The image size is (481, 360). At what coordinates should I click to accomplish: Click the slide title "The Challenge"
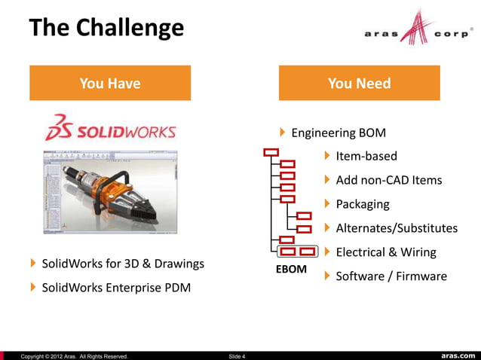pos(106,28)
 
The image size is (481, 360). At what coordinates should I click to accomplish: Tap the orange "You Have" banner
pos(110,83)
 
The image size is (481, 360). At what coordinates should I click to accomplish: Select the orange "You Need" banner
pos(359,83)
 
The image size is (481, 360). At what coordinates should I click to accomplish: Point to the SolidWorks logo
pos(111,128)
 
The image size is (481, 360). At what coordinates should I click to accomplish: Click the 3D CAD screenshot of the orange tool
pos(110,190)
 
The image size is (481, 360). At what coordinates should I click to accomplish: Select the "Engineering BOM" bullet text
pos(339,133)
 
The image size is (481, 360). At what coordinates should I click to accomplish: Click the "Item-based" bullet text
pos(366,157)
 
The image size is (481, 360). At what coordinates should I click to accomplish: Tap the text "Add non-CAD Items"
pos(389,180)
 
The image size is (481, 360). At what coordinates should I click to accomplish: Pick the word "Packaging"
pos(363,204)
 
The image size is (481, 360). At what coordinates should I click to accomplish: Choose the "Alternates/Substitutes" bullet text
pos(397,228)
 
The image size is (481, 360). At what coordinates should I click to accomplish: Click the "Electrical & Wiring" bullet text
pos(386,252)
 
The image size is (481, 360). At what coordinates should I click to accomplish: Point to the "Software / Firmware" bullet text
pos(391,276)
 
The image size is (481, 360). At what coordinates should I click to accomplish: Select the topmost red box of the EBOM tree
pos(271,153)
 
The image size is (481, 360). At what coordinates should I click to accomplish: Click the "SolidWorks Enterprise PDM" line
pos(116,287)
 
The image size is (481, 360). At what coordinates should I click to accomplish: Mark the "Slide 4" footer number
pos(236,355)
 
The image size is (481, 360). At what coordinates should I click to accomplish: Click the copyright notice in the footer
pos(74,355)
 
